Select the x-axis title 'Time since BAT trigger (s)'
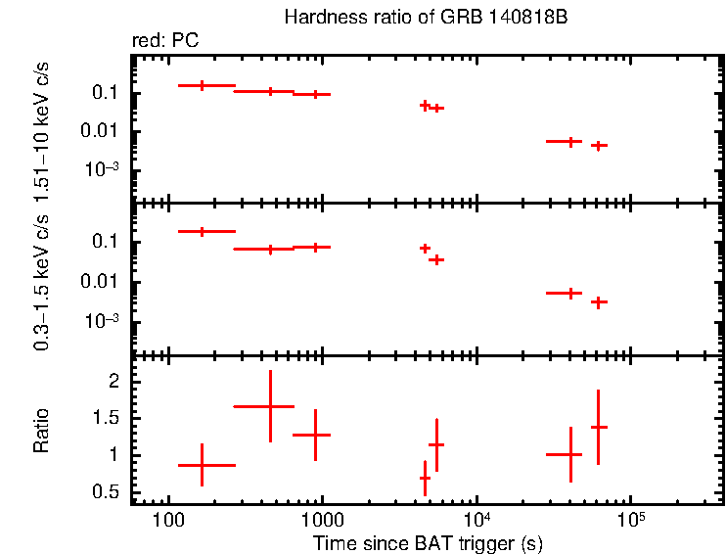[428, 542]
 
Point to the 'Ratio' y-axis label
[41, 431]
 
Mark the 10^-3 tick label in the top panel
[103, 169]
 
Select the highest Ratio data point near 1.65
[270, 405]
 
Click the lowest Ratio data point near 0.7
[425, 478]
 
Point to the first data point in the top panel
[202, 85]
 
